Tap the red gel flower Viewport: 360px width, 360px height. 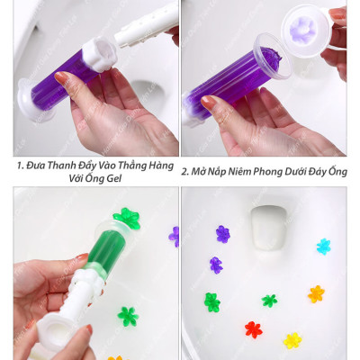click(254, 329)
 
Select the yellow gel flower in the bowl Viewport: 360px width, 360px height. click(292, 340)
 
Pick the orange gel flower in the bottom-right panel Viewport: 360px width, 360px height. click(316, 293)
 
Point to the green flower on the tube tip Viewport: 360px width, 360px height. click(126, 218)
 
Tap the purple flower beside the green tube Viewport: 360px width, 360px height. click(174, 236)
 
